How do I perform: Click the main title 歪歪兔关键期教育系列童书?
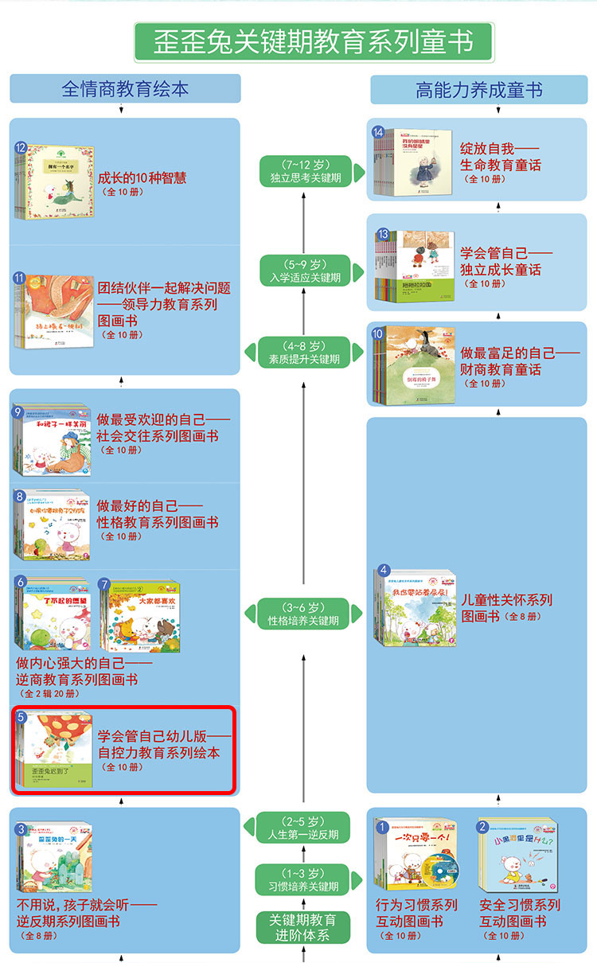click(313, 41)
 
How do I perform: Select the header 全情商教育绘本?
click(125, 89)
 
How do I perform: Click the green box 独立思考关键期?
click(304, 171)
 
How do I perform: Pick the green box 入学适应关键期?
click(304, 271)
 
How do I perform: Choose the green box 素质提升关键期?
click(304, 353)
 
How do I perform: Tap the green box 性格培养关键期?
click(304, 614)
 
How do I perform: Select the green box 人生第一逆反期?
click(304, 828)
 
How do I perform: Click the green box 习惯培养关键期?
click(304, 879)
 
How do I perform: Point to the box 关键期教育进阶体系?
click(303, 927)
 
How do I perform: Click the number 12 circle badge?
click(21, 147)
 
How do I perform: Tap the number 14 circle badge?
click(378, 132)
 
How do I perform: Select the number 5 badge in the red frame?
click(21, 718)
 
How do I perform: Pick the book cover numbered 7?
click(142, 618)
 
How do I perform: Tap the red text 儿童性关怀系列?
click(507, 599)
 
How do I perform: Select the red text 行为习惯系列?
click(416, 905)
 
